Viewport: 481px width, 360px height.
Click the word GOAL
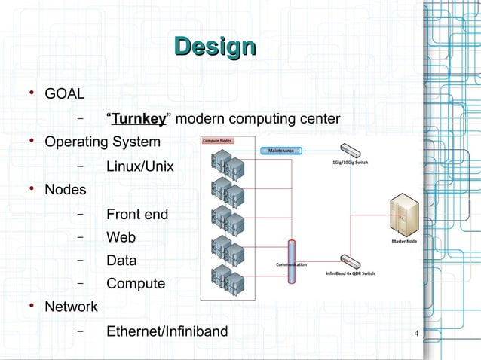coord(64,95)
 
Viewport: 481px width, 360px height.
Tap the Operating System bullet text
coord(103,142)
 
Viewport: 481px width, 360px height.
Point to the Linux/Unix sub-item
coord(139,166)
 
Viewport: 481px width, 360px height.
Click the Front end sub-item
coord(136,215)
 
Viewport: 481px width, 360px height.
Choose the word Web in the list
coord(121,237)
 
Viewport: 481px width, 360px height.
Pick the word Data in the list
coord(121,261)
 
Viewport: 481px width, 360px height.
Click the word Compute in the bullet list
coord(135,284)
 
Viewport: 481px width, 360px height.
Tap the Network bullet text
coord(71,307)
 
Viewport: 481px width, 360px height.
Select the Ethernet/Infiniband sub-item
coord(166,331)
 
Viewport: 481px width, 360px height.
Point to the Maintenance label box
coord(280,151)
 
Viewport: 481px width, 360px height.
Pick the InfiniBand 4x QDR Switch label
coord(350,273)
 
